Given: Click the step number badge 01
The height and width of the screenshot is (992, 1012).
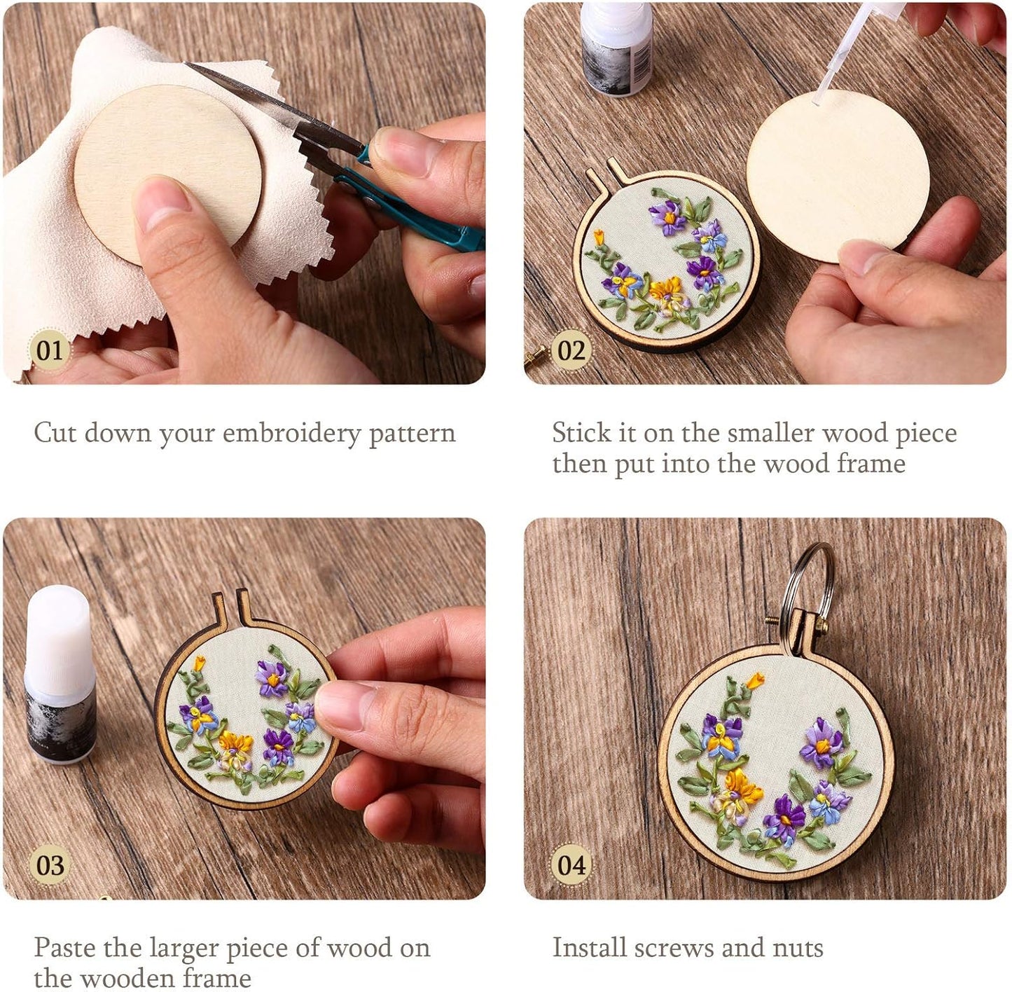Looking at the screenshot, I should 49,350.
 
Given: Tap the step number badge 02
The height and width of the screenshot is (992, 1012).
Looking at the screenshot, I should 571,350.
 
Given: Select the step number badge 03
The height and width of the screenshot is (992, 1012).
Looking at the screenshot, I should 49,864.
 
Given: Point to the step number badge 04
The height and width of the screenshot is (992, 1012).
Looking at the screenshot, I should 571,864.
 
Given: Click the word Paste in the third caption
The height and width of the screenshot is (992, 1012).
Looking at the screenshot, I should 64,948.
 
